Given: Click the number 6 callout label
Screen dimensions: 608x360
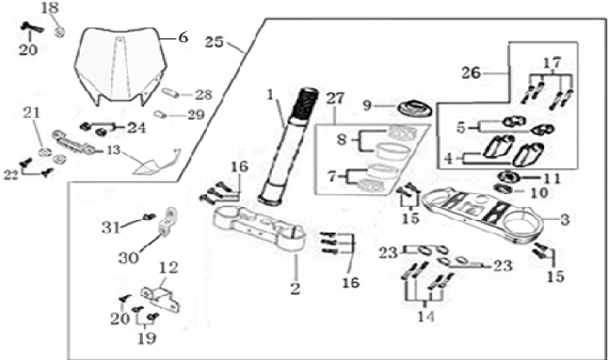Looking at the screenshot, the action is pos(183,38).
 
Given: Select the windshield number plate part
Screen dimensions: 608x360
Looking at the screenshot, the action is pos(121,67).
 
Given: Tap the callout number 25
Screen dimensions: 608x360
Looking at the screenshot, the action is pos(214,42).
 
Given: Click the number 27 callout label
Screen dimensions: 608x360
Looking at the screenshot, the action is pos(335,99).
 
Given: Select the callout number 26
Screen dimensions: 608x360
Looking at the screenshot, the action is pos(472,73).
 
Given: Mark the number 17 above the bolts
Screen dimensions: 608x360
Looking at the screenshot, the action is pos(552,62).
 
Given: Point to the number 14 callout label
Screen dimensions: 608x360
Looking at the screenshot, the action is pos(426,317).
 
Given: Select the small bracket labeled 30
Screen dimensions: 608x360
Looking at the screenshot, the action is pos(168,223).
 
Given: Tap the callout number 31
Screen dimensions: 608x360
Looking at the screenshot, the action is pos(112,228).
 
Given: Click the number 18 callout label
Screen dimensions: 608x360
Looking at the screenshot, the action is pos(50,7).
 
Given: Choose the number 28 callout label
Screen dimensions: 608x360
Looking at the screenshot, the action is pos(203,94).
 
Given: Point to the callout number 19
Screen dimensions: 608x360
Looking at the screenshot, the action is pos(147,338).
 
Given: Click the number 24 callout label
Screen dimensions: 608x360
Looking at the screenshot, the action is pos(136,127).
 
